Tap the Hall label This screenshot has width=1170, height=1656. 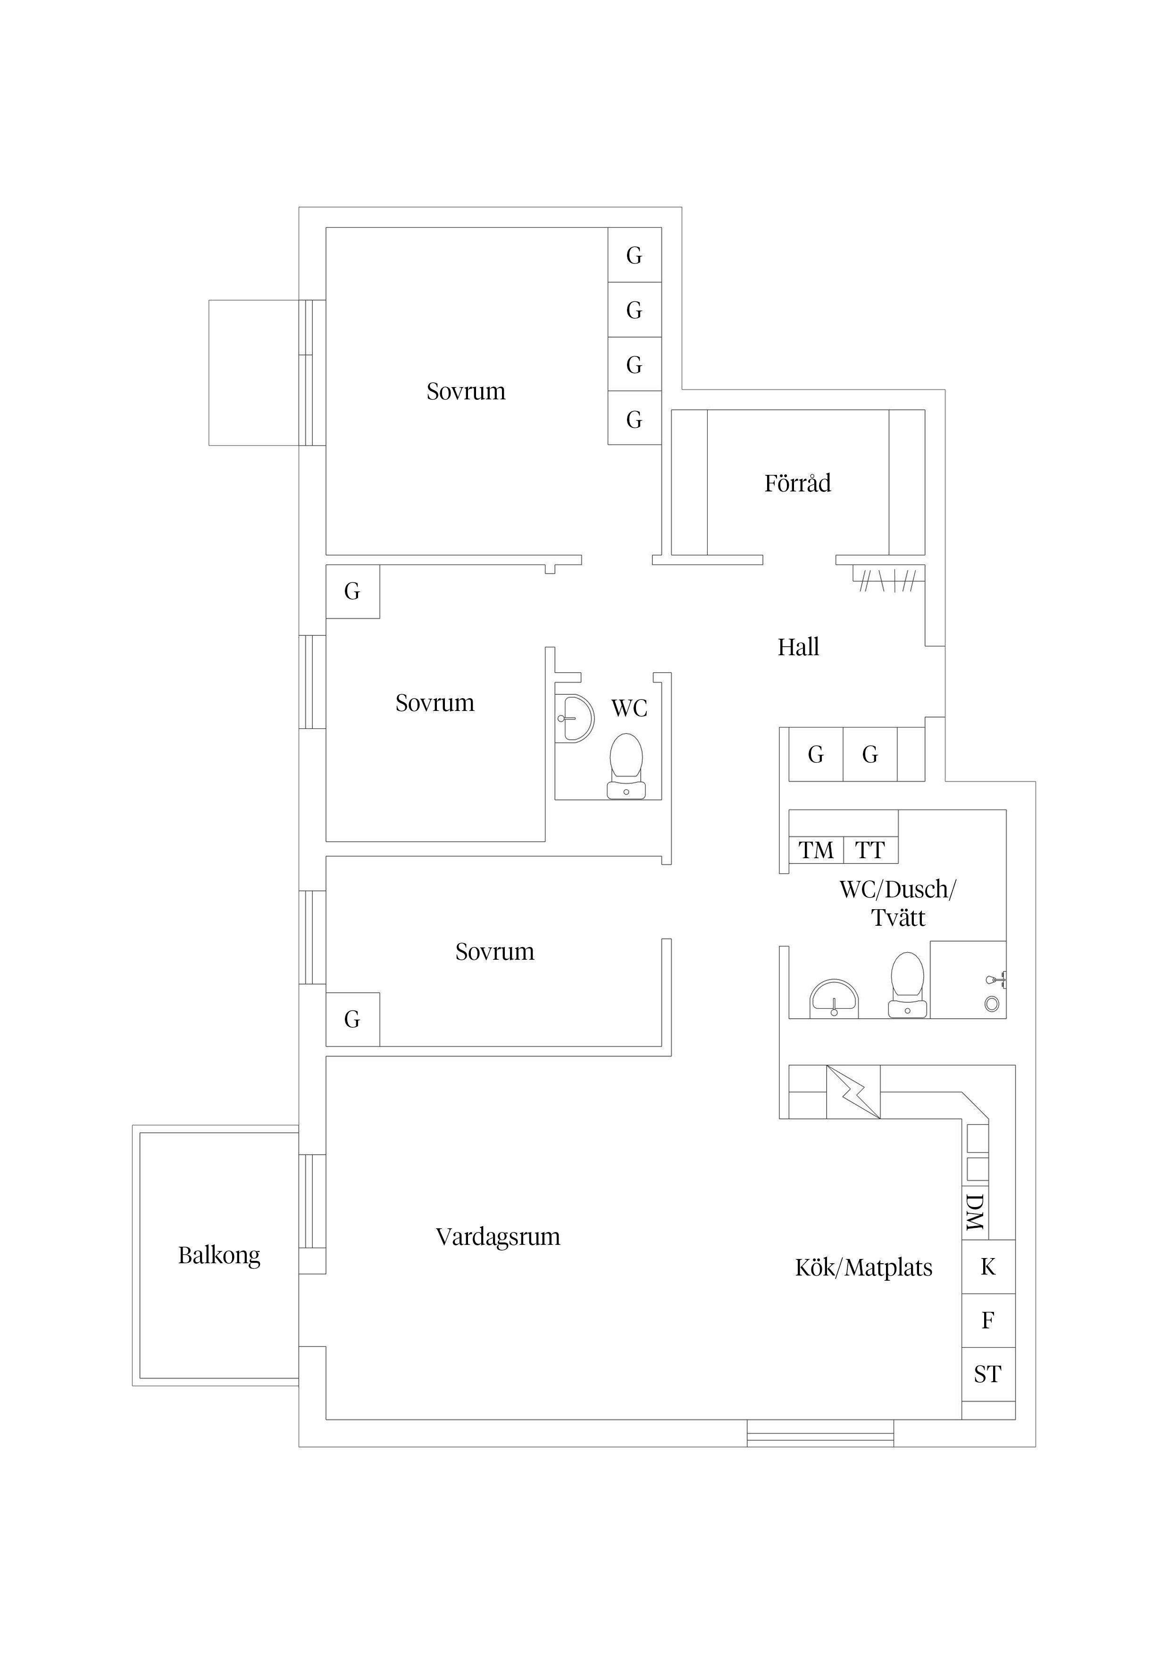pyautogui.click(x=798, y=647)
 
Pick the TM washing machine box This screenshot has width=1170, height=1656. pyautogui.click(x=816, y=850)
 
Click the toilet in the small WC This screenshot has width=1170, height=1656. pyautogui.click(x=626, y=766)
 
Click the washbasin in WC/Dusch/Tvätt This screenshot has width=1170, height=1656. pyautogui.click(x=834, y=999)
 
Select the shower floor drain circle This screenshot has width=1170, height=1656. pyautogui.click(x=992, y=1003)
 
